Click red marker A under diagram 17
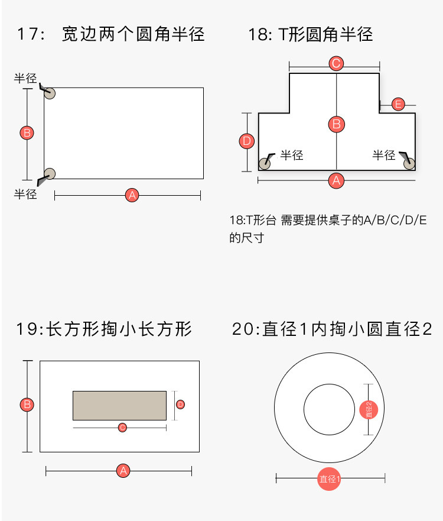point(132,195)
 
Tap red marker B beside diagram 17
point(27,132)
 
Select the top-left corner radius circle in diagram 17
point(50,93)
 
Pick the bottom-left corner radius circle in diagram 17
point(50,173)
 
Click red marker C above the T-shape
point(336,63)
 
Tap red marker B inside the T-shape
point(336,124)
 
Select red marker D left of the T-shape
point(247,141)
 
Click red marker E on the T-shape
point(398,105)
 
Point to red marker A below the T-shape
point(336,180)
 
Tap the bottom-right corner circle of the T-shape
point(409,163)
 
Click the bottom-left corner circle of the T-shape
point(265,163)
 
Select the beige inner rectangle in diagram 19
point(119,405)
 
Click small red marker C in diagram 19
point(122,427)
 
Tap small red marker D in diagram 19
point(181,404)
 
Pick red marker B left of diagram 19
point(27,405)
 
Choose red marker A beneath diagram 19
point(123,471)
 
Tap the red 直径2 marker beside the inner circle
point(369,409)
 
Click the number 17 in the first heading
point(27,34)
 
